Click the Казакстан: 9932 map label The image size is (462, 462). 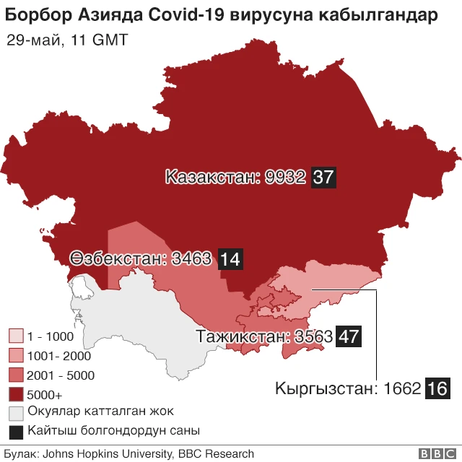point(236,177)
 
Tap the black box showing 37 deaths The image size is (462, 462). point(323,177)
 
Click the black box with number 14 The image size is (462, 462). point(230,258)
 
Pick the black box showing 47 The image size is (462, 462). point(349,336)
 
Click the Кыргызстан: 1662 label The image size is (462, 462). point(348,388)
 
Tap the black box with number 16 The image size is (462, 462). point(437,388)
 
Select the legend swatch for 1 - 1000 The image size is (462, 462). point(16,336)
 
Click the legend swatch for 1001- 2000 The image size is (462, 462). point(16,356)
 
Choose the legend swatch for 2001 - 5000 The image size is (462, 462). point(16,375)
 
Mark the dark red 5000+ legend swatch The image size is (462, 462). point(16,395)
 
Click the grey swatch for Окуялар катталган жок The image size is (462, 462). point(16,413)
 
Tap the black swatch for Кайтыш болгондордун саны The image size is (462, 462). point(16,432)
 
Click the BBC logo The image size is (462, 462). point(432,454)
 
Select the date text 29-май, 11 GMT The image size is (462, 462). point(67,40)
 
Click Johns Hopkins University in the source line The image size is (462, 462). point(106,454)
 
